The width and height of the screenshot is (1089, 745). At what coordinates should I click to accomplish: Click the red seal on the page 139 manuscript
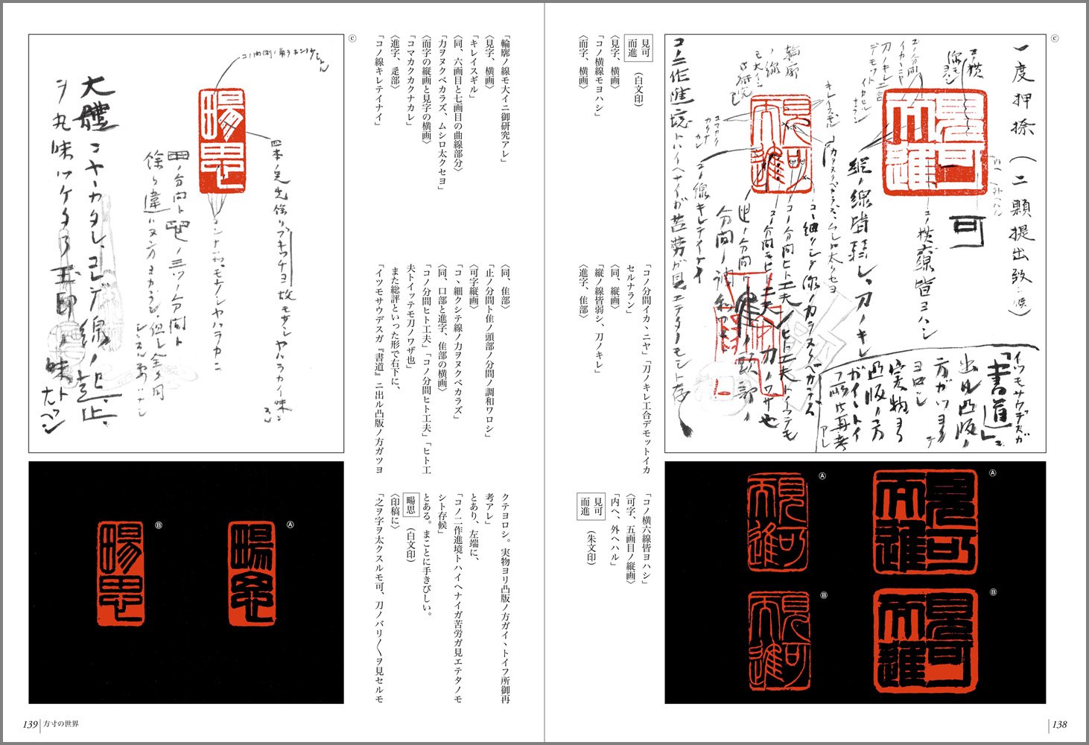tap(221, 141)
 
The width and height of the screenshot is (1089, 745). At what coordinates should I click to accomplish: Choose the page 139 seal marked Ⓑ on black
tap(121, 572)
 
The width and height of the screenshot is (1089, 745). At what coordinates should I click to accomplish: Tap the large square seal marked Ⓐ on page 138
tap(926, 522)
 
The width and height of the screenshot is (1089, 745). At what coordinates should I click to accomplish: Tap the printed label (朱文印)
tap(592, 547)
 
